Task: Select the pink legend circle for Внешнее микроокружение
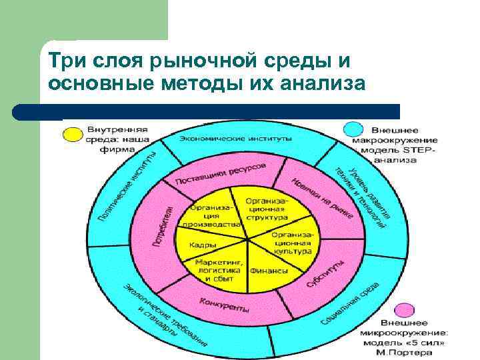[404, 311]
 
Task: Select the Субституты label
[325, 275]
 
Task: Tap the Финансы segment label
[269, 271]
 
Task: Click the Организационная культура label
[291, 243]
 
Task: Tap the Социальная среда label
[349, 303]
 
